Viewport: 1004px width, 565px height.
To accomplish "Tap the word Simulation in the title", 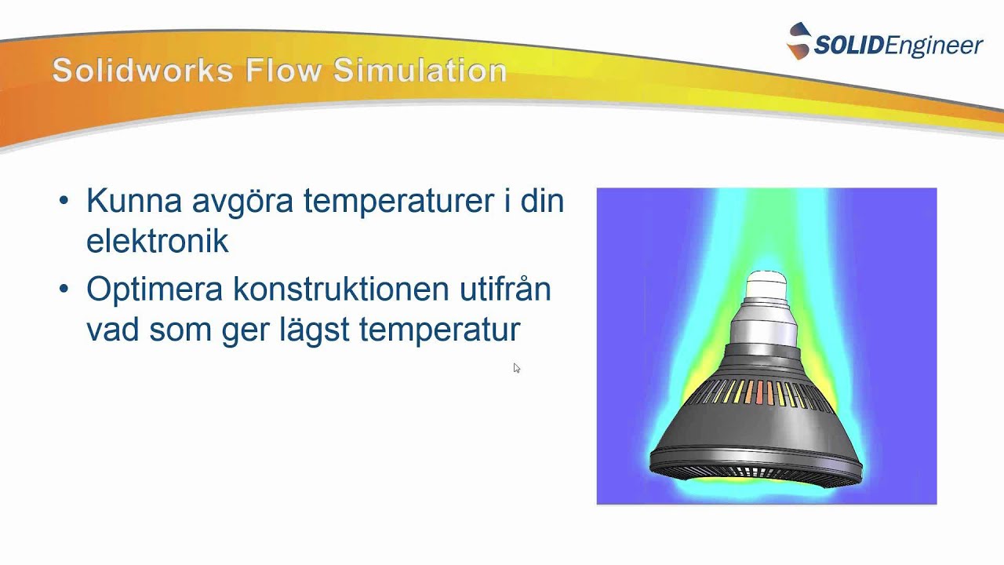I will point(420,71).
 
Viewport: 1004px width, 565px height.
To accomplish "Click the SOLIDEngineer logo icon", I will point(798,42).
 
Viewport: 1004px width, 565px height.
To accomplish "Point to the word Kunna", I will point(135,202).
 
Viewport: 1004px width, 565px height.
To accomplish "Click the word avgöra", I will point(244,202).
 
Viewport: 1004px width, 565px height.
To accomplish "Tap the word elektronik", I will point(157,241).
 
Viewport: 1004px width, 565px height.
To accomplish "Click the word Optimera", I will point(155,290).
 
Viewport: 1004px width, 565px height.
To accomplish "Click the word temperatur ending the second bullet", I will point(439,330).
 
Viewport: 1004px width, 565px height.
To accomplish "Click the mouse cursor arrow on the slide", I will point(516,367).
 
